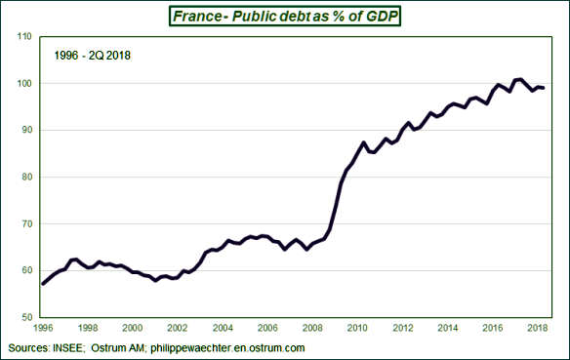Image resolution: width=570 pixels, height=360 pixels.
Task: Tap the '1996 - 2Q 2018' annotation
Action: click(x=93, y=56)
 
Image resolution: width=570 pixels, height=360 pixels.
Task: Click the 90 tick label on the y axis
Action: click(x=20, y=131)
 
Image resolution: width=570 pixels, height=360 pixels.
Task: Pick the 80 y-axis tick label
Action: click(x=20, y=178)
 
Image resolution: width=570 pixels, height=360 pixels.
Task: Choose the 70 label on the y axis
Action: click(x=20, y=224)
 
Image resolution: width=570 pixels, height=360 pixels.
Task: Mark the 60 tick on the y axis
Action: click(x=20, y=271)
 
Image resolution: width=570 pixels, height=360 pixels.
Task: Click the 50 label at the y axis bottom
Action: click(x=20, y=318)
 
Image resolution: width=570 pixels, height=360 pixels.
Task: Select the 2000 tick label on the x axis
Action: click(x=132, y=330)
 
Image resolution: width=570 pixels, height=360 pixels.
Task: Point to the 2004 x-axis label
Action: click(x=223, y=330)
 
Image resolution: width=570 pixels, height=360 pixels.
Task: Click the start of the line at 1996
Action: click(x=42, y=284)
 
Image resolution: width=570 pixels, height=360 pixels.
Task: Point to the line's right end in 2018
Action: click(x=544, y=89)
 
